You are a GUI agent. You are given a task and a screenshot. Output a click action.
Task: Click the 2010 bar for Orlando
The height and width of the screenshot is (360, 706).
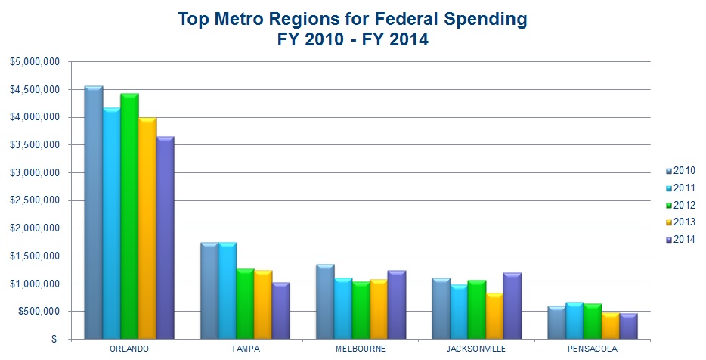click(93, 212)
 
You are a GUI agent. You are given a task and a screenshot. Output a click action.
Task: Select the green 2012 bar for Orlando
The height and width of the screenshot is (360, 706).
click(129, 216)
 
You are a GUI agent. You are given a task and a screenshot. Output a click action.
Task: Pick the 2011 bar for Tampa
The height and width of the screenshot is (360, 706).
click(227, 290)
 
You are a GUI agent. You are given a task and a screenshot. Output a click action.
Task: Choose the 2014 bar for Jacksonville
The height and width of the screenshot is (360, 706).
click(512, 306)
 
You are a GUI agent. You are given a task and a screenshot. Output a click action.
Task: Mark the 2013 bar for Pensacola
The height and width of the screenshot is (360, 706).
click(609, 325)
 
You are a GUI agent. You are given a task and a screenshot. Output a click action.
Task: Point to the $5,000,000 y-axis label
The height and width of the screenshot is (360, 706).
click(35, 62)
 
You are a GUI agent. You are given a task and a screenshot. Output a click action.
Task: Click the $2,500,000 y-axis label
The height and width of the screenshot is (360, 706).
click(35, 200)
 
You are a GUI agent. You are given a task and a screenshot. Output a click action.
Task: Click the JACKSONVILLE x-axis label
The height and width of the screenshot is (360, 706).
click(476, 349)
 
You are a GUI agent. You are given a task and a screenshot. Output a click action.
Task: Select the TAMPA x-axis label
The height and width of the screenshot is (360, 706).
click(244, 349)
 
